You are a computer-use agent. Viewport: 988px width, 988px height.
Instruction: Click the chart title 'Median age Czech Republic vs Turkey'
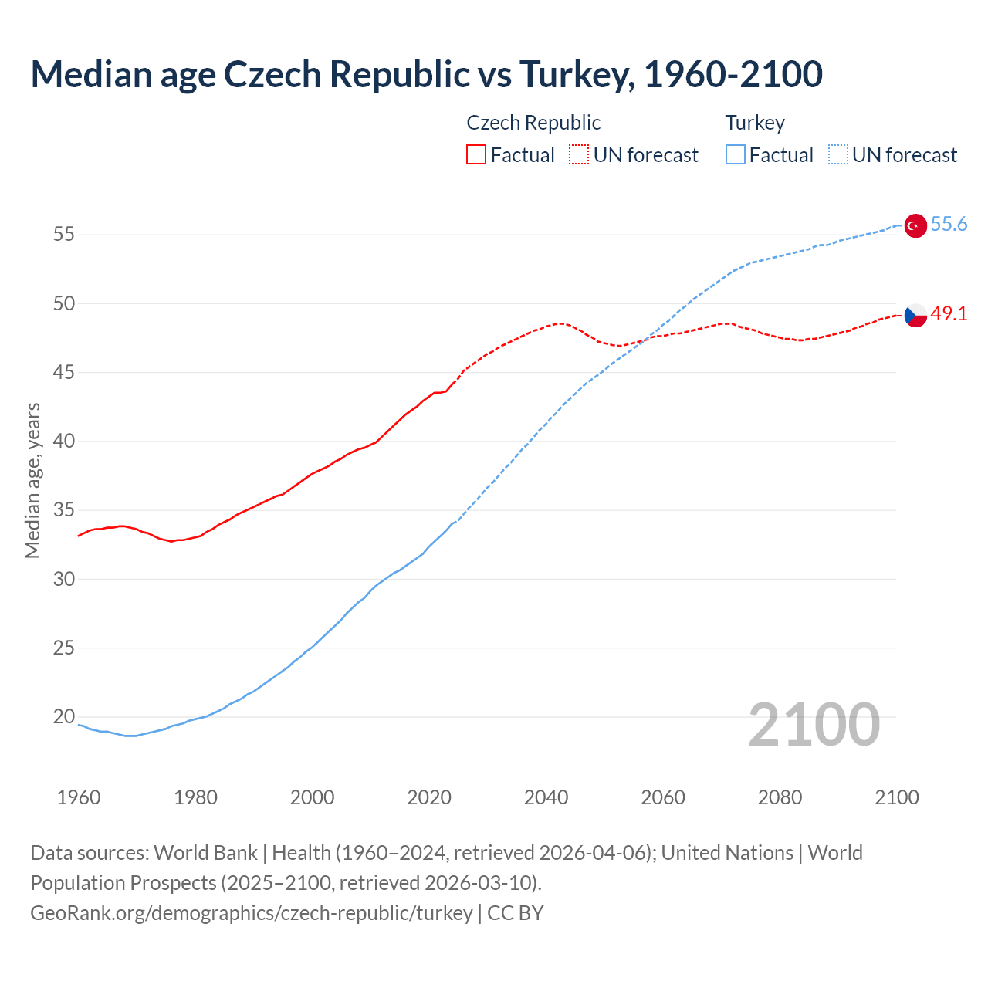426,74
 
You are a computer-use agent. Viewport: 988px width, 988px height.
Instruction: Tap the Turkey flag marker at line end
915,225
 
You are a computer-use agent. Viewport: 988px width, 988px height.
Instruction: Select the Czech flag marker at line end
915,315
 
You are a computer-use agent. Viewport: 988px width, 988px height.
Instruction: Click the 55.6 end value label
949,225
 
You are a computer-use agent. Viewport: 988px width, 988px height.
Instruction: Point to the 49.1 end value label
949,314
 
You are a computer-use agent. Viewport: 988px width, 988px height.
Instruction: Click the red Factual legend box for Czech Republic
476,155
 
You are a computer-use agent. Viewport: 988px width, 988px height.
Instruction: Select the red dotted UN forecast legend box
579,155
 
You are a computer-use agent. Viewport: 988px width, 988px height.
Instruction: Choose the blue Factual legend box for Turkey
736,155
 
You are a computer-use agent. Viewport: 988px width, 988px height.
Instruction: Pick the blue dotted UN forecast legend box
837,155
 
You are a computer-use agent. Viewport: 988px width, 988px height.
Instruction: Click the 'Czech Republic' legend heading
533,123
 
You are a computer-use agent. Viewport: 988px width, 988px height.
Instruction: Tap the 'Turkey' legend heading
755,123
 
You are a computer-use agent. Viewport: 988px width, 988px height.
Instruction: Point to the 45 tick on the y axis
64,373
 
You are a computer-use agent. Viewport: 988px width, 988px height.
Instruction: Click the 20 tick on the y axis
64,717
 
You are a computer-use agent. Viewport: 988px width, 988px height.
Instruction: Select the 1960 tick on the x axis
79,797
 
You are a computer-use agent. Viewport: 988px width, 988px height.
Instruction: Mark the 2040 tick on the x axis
546,797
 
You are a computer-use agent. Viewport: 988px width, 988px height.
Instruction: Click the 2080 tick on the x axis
780,797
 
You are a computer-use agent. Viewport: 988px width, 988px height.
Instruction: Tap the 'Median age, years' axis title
32,480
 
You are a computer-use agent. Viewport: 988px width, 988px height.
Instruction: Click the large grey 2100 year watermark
814,725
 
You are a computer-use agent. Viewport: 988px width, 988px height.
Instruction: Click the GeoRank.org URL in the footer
251,913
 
